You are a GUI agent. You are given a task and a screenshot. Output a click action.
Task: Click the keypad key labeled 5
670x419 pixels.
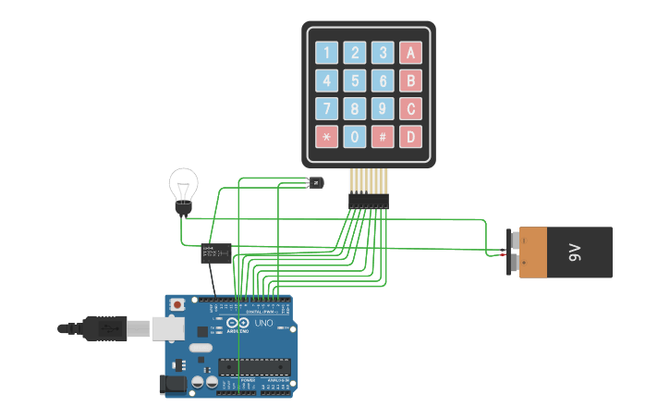click(355, 80)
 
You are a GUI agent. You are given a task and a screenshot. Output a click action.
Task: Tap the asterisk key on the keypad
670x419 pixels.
click(326, 137)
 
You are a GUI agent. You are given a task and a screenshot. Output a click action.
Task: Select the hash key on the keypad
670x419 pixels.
click(383, 137)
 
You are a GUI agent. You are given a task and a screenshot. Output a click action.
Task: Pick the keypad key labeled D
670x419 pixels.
click(411, 137)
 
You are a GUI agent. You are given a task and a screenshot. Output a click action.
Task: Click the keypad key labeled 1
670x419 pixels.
click(326, 53)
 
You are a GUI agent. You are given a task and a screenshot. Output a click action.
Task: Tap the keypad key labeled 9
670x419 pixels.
click(383, 109)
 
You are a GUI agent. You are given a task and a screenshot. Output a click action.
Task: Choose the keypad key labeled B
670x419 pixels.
click(411, 80)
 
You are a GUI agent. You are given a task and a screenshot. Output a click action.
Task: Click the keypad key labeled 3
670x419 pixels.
click(383, 53)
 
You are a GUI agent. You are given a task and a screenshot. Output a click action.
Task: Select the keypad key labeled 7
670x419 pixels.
click(326, 109)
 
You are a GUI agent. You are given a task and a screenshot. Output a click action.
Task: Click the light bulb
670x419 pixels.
click(184, 189)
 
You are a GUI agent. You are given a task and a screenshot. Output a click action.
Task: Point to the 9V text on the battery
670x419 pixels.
click(574, 252)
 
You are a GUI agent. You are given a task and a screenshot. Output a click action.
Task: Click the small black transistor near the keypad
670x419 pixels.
click(315, 183)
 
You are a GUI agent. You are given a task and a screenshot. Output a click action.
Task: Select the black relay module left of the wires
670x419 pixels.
click(216, 253)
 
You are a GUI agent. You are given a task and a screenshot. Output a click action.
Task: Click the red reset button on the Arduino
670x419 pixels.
click(177, 304)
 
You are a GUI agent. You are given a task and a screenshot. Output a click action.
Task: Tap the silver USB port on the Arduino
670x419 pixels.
click(166, 327)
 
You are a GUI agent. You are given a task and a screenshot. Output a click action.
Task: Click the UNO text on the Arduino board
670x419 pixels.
click(262, 323)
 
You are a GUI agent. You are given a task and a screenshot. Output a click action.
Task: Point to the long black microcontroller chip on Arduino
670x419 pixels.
click(255, 366)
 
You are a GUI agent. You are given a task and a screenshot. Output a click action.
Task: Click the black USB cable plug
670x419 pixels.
click(103, 327)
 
